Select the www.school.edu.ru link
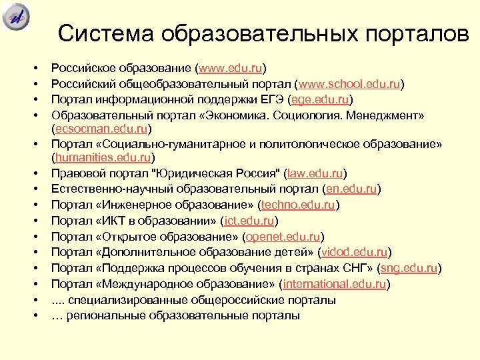coord(350,84)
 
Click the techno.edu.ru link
coord(298,205)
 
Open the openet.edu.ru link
coord(283,237)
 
